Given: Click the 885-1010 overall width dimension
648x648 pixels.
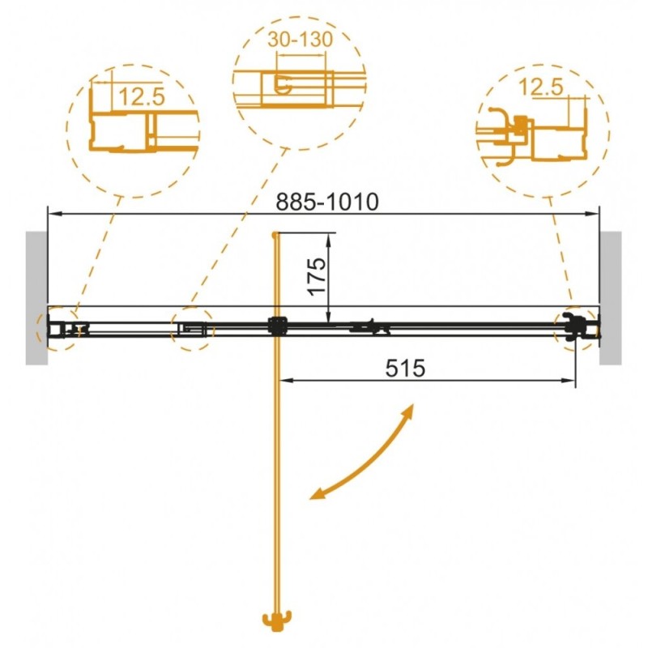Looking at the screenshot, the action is [x=327, y=202].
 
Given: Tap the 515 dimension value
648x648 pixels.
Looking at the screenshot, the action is [x=405, y=368].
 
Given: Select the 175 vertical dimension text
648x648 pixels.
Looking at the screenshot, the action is [x=318, y=276].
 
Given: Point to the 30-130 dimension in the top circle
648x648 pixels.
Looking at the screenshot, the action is [x=300, y=39].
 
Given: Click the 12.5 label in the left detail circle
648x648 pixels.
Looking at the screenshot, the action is [x=142, y=96].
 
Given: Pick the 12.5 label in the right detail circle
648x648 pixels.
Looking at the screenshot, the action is [x=541, y=87].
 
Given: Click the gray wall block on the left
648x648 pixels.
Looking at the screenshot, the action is [x=36, y=298].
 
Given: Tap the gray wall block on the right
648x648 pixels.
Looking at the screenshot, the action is [x=611, y=298].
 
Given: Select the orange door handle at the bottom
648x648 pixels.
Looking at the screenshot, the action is [x=277, y=620].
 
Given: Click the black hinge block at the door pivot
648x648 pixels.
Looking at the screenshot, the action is [x=278, y=326].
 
